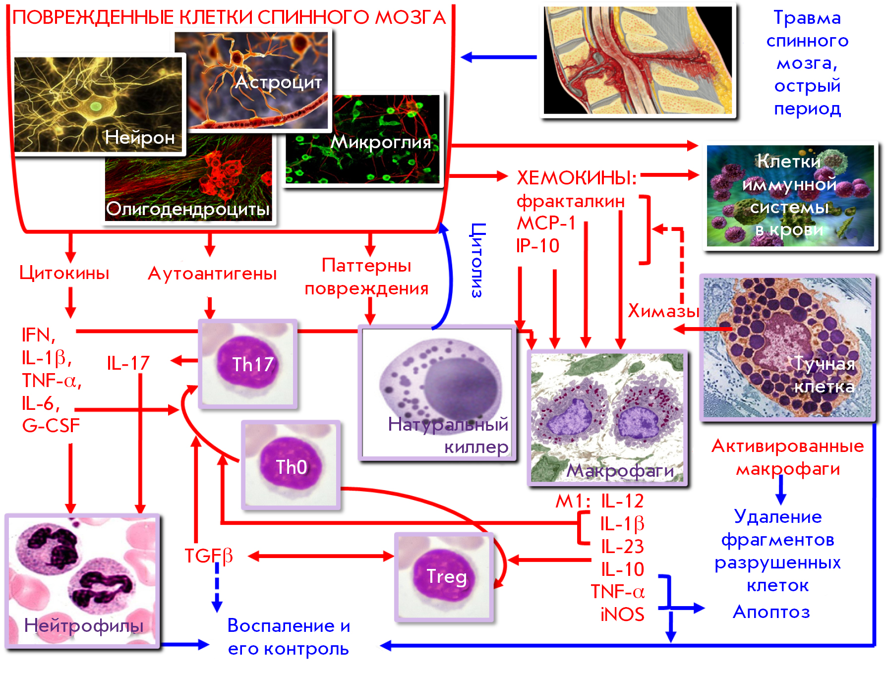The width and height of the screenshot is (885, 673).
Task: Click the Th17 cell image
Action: click(248, 364)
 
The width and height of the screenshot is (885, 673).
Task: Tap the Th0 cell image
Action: click(291, 465)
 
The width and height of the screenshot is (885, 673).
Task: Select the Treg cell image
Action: click(444, 577)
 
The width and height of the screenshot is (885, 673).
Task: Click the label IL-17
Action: click(128, 363)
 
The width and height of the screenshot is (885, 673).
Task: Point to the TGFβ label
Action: click(209, 556)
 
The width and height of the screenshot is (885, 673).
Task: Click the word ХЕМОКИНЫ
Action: click(577, 177)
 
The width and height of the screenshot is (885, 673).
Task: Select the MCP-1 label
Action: click(546, 223)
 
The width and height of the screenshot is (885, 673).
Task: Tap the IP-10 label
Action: click(538, 245)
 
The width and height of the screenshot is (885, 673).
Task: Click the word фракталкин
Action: click(571, 202)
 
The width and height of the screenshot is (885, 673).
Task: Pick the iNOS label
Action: click(622, 615)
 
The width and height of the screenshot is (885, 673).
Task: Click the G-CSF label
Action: click(51, 426)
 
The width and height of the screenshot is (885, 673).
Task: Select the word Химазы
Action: click(663, 311)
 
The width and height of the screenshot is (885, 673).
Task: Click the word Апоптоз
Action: click(771, 612)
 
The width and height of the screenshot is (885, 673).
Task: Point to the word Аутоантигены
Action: click(212, 274)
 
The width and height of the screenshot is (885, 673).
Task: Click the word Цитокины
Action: click(64, 273)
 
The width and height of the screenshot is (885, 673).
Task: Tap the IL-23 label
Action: click(622, 547)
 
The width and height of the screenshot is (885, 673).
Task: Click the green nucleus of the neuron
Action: click(95, 106)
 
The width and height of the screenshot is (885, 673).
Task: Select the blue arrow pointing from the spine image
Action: click(499, 57)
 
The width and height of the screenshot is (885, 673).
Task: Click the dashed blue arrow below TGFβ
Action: click(217, 588)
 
